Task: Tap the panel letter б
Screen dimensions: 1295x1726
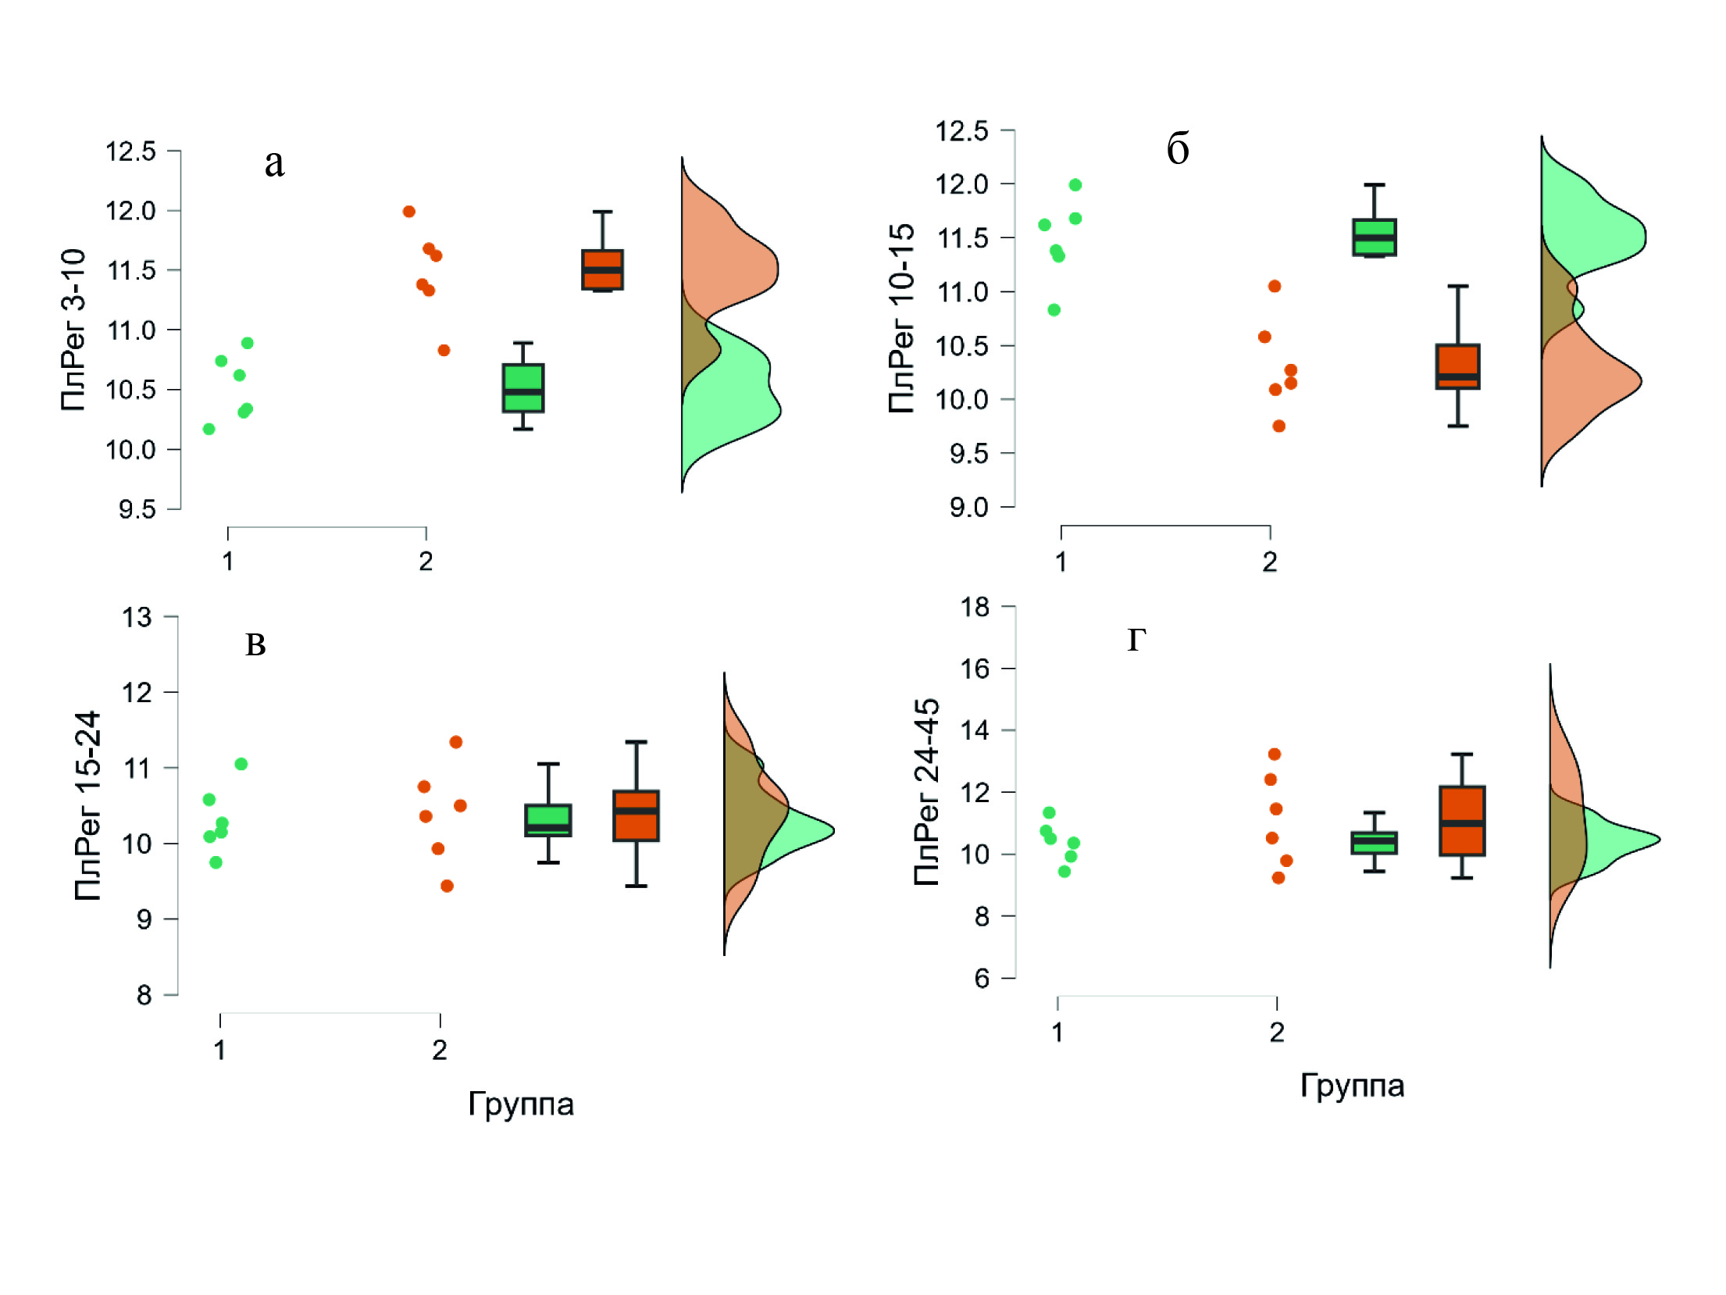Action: [1178, 148]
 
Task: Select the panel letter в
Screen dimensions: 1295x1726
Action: [255, 646]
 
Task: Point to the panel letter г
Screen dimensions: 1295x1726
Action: [1137, 640]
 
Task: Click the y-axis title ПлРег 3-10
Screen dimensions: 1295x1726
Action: [73, 330]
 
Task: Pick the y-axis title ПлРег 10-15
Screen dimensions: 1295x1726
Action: [901, 318]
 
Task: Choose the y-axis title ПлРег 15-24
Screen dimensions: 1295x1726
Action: [87, 806]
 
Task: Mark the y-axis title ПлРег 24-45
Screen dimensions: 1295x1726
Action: [926, 792]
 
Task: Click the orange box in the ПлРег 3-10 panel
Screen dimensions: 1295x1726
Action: [602, 269]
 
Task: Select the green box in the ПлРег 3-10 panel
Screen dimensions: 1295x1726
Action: [522, 388]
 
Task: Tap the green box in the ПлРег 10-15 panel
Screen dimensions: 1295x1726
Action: [1374, 237]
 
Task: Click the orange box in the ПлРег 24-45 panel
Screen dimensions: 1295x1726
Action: [1461, 821]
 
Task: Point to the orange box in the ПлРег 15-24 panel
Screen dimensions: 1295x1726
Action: [636, 816]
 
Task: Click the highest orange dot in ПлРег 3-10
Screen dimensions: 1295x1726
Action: [408, 212]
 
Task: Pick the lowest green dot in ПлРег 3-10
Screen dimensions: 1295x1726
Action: [209, 429]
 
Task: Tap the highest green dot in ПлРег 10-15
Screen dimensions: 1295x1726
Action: [1075, 185]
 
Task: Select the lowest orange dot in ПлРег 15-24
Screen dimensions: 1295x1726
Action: [447, 886]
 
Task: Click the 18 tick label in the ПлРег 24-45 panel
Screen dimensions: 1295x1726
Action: [975, 607]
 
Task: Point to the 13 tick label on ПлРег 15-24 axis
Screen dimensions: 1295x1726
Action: [137, 618]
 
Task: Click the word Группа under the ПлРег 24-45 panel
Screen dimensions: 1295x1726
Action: [1352, 1086]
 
